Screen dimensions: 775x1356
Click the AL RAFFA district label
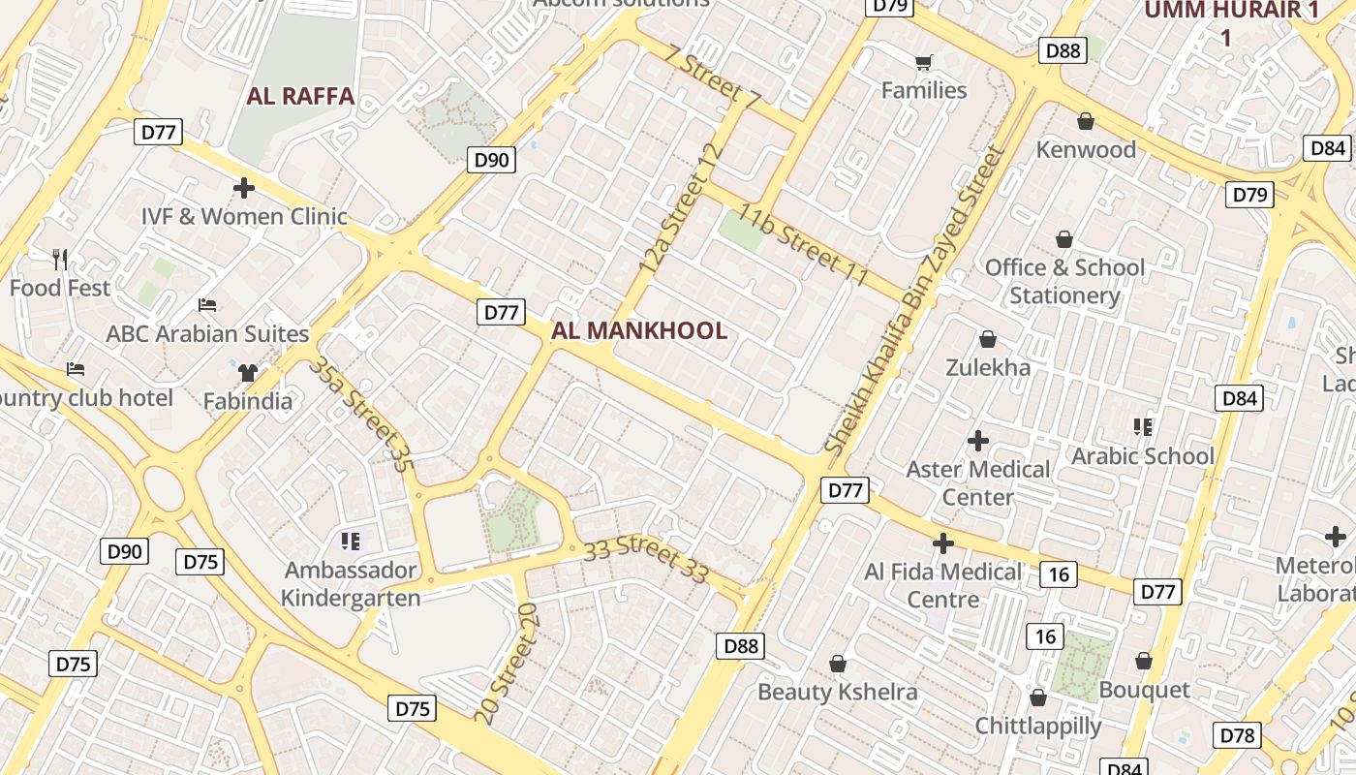300,97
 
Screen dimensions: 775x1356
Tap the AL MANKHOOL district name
638,330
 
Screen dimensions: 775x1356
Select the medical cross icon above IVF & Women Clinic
244,187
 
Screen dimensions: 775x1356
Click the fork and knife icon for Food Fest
60,259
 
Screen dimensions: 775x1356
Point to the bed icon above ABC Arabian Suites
207,305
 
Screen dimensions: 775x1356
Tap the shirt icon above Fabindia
248,372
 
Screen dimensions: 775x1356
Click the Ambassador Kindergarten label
351,584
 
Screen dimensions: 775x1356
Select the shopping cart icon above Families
924,62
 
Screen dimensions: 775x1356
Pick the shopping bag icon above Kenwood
1086,121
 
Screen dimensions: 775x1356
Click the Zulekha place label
988,368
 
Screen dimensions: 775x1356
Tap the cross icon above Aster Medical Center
978,441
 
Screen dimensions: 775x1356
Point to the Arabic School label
1143,456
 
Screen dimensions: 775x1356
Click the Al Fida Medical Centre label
942,585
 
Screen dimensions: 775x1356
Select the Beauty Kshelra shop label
837,692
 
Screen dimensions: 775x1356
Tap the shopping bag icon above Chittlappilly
1037,697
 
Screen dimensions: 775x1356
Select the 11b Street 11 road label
803,244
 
